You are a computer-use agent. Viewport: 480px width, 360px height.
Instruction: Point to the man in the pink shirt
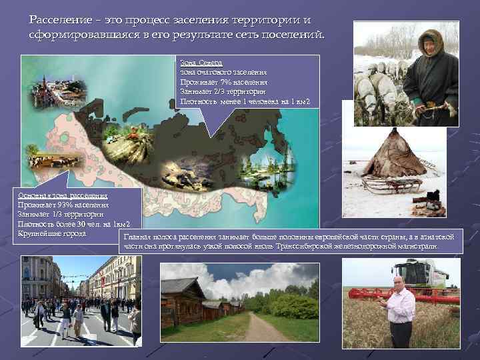coord(401,310)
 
